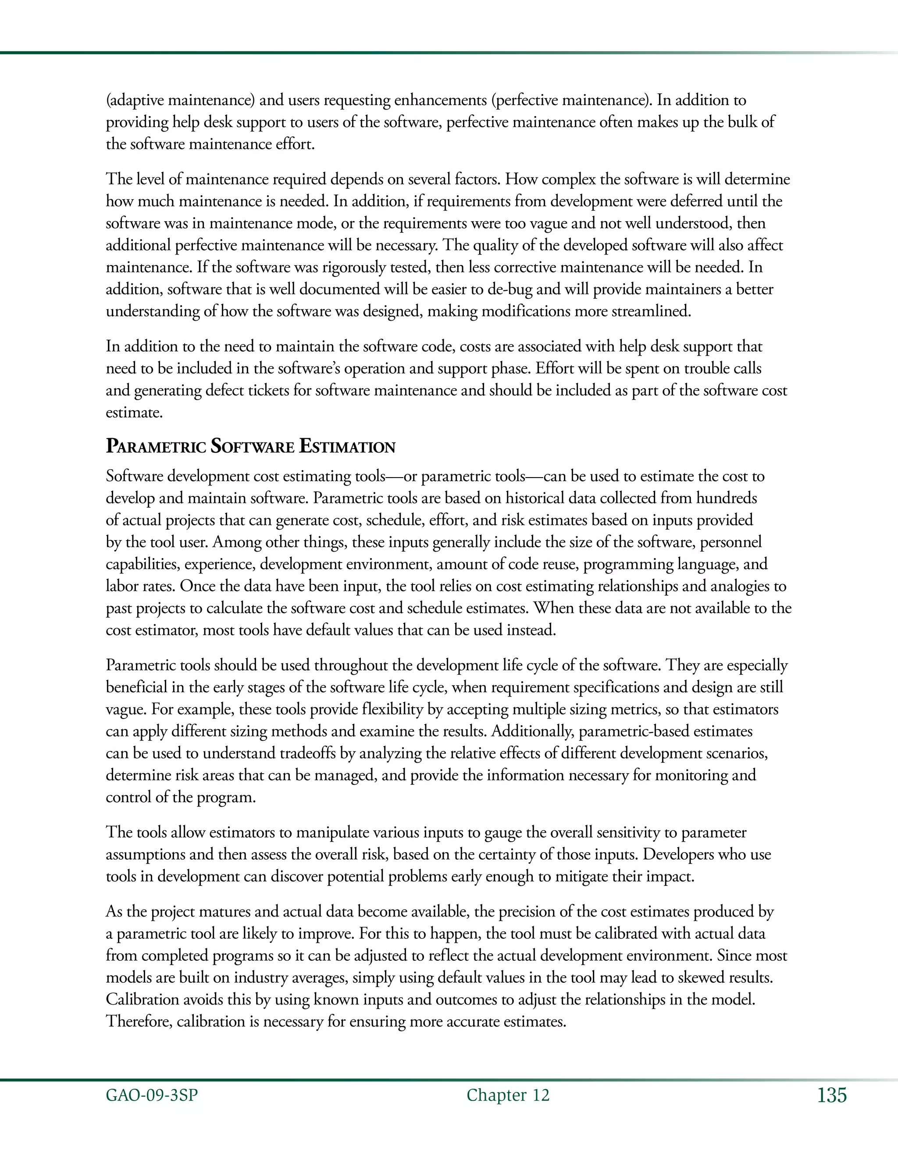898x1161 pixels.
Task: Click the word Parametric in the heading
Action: tap(155, 446)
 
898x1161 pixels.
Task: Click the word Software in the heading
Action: tap(252, 446)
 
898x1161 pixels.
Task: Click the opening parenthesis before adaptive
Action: tap(108, 100)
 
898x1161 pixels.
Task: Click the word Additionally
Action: tap(532, 732)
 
